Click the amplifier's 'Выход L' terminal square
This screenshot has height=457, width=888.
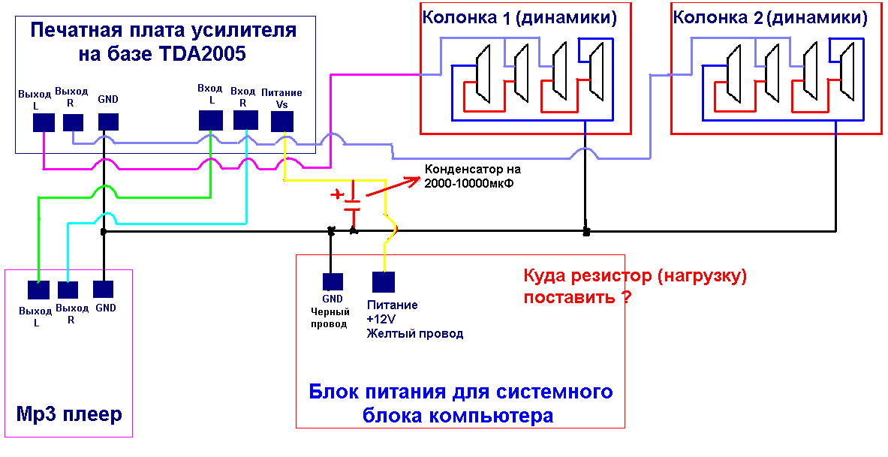click(x=44, y=122)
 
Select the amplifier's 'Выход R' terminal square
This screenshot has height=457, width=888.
click(x=73, y=122)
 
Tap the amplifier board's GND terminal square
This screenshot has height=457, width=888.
click(x=108, y=121)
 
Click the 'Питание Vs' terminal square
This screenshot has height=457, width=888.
click(x=282, y=120)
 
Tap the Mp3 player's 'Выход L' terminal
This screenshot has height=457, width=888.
click(x=38, y=290)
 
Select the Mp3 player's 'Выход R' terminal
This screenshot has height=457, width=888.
click(x=68, y=290)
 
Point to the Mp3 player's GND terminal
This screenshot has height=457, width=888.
click(x=104, y=289)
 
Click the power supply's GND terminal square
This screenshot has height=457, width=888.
click(x=333, y=281)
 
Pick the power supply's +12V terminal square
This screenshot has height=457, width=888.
click(x=384, y=281)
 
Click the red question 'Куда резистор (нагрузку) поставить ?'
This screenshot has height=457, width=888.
click(x=635, y=285)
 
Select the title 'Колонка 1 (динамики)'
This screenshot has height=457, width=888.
click(x=519, y=17)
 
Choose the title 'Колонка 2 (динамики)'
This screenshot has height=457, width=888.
click(x=769, y=17)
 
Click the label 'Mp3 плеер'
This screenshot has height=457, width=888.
click(x=69, y=414)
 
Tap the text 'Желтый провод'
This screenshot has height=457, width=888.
click(x=414, y=333)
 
